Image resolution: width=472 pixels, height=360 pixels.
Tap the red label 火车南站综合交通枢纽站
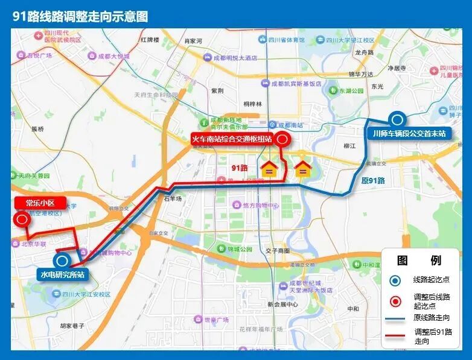[x=232, y=139]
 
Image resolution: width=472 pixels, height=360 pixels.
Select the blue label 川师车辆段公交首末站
[x=409, y=133]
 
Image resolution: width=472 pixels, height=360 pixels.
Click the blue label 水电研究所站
[x=62, y=275]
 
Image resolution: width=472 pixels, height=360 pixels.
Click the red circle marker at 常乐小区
[x=22, y=219]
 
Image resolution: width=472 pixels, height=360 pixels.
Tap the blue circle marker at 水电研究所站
[x=62, y=261]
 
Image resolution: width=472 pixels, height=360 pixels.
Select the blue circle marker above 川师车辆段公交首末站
[x=397, y=119]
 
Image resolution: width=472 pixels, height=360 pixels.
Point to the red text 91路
[x=240, y=167]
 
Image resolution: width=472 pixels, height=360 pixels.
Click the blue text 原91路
[x=373, y=180]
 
